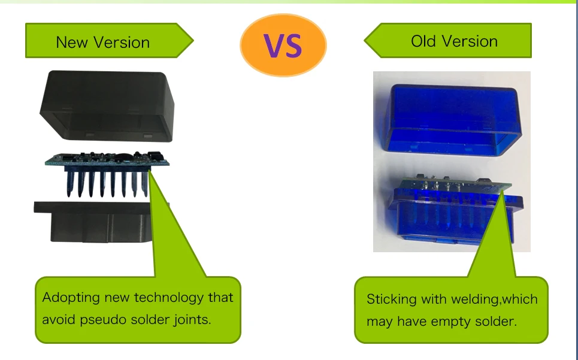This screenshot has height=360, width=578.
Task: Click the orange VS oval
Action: pos(283,45)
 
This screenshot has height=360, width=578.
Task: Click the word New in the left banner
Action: pos(72,43)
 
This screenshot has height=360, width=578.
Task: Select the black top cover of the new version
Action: pos(107,106)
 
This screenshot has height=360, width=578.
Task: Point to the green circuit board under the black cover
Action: pos(107,159)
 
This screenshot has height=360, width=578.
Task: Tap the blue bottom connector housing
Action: pos(456,216)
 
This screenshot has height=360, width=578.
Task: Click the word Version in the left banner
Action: pos(121,43)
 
